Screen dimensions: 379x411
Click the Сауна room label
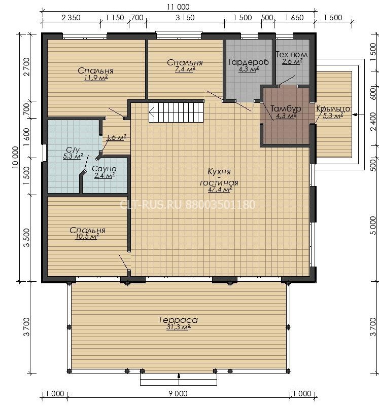[104, 169]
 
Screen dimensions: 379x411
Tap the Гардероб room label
[249, 62]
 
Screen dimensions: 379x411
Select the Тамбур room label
[286, 108]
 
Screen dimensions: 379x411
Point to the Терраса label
[178, 320]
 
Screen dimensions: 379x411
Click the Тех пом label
[292, 55]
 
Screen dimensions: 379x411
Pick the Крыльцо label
[333, 108]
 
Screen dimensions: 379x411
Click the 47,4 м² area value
[220, 189]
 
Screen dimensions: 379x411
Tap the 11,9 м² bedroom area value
[95, 78]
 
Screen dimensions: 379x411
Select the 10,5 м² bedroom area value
[87, 237]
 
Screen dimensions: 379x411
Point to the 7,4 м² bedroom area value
[185, 69]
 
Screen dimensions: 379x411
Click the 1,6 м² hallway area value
[116, 137]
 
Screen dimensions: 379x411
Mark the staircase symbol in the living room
[177, 112]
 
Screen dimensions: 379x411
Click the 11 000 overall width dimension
[178, 7]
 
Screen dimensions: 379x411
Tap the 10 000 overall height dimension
[16, 157]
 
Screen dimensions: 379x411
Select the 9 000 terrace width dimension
[178, 393]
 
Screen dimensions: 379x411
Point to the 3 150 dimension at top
[185, 18]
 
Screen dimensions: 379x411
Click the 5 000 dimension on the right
[373, 226]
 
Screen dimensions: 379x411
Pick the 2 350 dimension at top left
[71, 18]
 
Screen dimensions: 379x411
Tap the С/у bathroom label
[73, 150]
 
